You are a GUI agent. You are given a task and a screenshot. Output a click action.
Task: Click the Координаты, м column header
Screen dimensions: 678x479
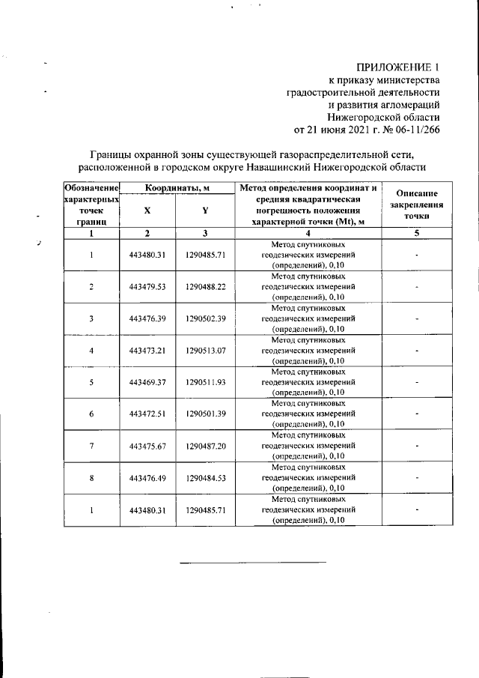(177, 187)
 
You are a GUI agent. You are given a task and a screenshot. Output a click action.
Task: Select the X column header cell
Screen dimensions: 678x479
(147, 211)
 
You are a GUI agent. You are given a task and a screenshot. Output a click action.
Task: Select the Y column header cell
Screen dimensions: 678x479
(205, 211)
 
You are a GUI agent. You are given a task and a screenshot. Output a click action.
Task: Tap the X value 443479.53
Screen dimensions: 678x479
(147, 286)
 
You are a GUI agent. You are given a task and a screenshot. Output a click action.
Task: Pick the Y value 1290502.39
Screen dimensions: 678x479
(205, 318)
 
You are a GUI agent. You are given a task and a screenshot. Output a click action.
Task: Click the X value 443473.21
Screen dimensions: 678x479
(147, 350)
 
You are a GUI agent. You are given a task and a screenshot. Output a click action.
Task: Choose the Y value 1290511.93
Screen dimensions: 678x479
(205, 382)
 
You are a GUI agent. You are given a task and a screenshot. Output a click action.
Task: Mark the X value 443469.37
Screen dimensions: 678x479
(147, 382)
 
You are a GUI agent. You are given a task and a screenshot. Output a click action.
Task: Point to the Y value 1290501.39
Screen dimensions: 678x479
(205, 414)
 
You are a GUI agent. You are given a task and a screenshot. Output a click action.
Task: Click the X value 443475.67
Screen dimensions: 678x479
(147, 446)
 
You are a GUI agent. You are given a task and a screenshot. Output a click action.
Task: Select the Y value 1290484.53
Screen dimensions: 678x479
(205, 477)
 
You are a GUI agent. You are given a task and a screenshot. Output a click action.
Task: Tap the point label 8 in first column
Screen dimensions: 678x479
(91, 477)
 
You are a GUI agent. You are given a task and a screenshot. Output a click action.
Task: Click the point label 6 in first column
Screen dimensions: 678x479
(91, 414)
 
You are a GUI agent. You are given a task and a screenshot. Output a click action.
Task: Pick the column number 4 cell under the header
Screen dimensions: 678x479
(308, 234)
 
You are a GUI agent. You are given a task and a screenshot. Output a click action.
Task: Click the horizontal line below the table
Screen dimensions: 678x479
(252, 561)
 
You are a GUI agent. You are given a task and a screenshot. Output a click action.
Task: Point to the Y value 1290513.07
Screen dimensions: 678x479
(205, 350)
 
